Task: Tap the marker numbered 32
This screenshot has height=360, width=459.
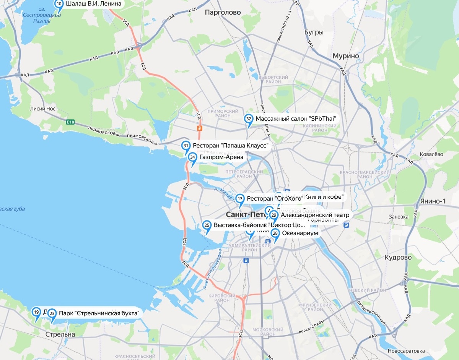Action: click(249, 119)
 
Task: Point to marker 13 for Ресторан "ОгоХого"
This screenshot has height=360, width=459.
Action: click(240, 199)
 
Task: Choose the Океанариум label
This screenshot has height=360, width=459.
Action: click(300, 233)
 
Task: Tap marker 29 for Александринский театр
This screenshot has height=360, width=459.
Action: click(273, 216)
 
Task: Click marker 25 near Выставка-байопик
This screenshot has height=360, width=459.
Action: click(207, 225)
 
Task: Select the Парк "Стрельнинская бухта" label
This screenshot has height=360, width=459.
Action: click(98, 313)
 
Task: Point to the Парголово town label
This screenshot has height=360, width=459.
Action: click(223, 13)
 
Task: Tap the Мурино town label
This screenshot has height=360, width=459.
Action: click(346, 56)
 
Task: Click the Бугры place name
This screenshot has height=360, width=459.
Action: click(314, 32)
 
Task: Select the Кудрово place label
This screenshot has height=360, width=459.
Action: click(398, 258)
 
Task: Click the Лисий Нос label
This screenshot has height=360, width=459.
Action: click(43, 109)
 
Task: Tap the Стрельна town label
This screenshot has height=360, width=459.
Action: click(60, 334)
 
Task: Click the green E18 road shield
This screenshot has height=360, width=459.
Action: click(70, 122)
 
